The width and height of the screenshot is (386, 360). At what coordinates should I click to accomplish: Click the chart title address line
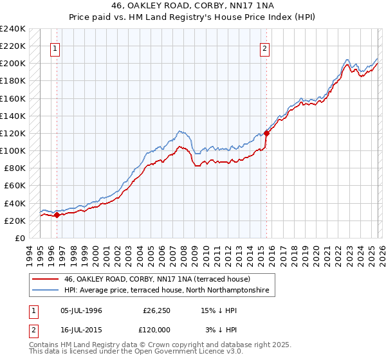[x=193, y=5]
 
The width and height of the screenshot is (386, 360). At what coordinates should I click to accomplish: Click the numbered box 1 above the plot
[x=55, y=48]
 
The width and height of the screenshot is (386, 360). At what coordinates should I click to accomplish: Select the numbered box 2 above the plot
[x=265, y=48]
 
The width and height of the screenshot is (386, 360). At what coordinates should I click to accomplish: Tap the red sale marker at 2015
[x=266, y=133]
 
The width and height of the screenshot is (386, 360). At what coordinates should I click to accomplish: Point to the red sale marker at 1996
[x=57, y=215]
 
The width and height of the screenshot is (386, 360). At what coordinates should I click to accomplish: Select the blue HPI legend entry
[x=170, y=291]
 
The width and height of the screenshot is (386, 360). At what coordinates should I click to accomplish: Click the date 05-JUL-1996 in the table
[x=81, y=310]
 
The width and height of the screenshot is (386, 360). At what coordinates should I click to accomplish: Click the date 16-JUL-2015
[x=81, y=330]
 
